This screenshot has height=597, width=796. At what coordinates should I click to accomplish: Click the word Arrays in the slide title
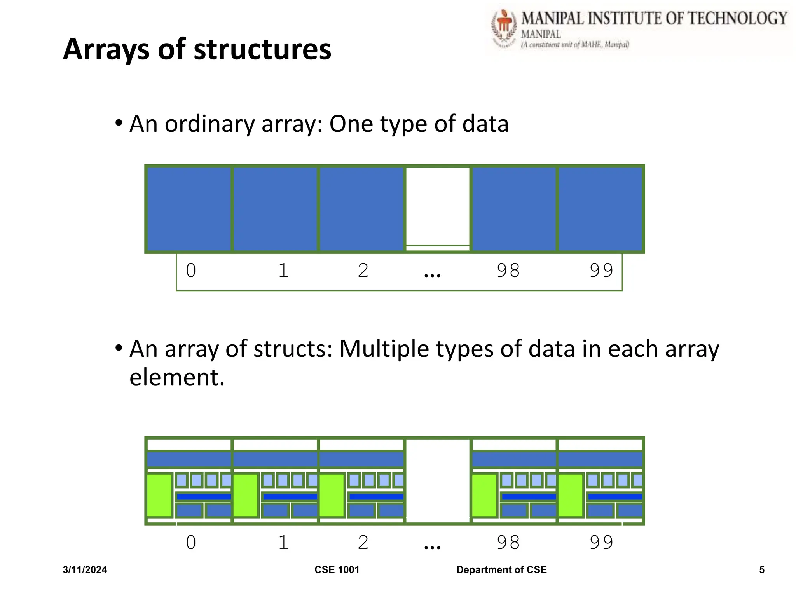click(106, 50)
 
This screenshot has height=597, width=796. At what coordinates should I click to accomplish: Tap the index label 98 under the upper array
click(508, 271)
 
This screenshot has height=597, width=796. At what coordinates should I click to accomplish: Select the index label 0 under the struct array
click(191, 542)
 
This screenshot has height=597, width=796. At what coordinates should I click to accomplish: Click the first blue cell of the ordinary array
click(189, 209)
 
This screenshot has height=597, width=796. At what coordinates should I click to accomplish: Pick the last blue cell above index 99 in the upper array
click(600, 209)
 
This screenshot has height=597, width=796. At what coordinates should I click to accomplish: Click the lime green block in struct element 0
click(159, 495)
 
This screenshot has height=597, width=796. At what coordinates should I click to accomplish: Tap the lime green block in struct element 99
click(571, 495)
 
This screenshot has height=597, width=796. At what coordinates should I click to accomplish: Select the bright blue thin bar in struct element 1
click(290, 497)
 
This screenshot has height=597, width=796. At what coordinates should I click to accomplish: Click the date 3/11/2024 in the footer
click(85, 570)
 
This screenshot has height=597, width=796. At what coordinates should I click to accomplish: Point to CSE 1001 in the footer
click(337, 570)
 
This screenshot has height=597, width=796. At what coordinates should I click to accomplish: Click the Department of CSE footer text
click(501, 570)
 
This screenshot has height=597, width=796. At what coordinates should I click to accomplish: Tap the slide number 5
click(762, 570)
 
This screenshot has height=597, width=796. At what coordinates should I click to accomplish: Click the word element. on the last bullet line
click(177, 377)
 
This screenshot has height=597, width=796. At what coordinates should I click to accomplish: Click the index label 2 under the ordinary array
click(363, 271)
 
